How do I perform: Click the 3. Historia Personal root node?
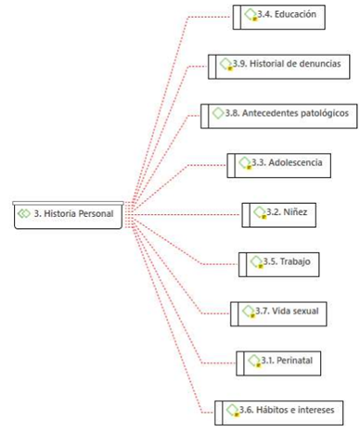[x=68, y=215]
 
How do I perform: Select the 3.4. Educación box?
[x=279, y=18]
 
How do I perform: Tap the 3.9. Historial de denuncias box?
[x=279, y=67]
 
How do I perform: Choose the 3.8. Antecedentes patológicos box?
[x=279, y=116]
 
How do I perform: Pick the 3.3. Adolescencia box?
[x=279, y=166]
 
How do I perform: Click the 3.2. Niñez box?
[x=279, y=215]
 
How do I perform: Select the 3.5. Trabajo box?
[x=279, y=264]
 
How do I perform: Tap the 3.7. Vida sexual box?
[x=278, y=314]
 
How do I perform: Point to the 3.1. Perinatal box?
[x=278, y=363]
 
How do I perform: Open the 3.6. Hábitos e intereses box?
[x=279, y=413]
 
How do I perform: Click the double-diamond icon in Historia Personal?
[x=24, y=213]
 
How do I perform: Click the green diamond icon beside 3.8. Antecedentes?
[x=218, y=113]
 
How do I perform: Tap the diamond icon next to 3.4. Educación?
[x=251, y=15]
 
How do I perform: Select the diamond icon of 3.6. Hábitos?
[x=233, y=411]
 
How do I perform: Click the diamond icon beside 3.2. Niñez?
[x=260, y=212]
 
